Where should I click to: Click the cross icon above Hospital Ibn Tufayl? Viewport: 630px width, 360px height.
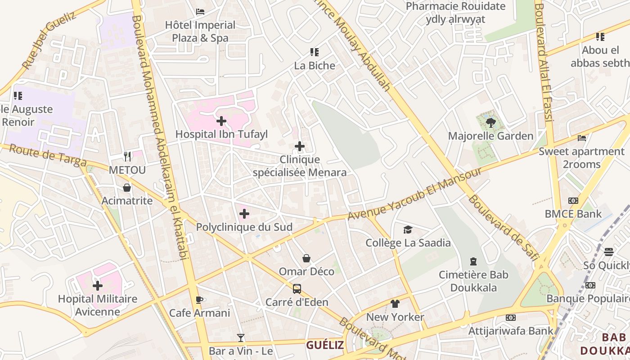[221, 121]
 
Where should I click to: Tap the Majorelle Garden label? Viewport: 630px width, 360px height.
[490, 136]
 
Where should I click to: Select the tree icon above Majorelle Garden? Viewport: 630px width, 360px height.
[490, 121]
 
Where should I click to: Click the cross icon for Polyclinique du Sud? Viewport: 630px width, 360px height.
[244, 213]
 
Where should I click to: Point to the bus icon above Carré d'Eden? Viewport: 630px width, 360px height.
[297, 289]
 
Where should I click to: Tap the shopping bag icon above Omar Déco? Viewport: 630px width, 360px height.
[306, 258]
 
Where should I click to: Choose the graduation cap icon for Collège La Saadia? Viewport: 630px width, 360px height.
[408, 229]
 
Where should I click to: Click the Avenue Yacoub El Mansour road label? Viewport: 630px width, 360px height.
[414, 193]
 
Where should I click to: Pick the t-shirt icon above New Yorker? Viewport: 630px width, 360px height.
[395, 304]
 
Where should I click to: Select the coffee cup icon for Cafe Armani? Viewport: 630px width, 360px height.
[200, 300]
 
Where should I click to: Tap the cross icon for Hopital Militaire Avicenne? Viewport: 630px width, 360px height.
[98, 286]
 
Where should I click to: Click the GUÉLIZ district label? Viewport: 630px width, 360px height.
[325, 345]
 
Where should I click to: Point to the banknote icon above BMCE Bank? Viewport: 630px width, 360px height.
[573, 201]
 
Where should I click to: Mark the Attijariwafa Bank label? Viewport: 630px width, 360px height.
[511, 331]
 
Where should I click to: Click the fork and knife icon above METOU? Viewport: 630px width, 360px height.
[127, 157]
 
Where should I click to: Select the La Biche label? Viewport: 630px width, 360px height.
[315, 66]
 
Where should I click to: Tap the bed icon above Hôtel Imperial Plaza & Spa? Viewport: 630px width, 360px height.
[200, 11]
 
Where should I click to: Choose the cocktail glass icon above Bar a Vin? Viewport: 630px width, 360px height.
[241, 337]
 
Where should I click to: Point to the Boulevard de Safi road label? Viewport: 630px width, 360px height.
[503, 228]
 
